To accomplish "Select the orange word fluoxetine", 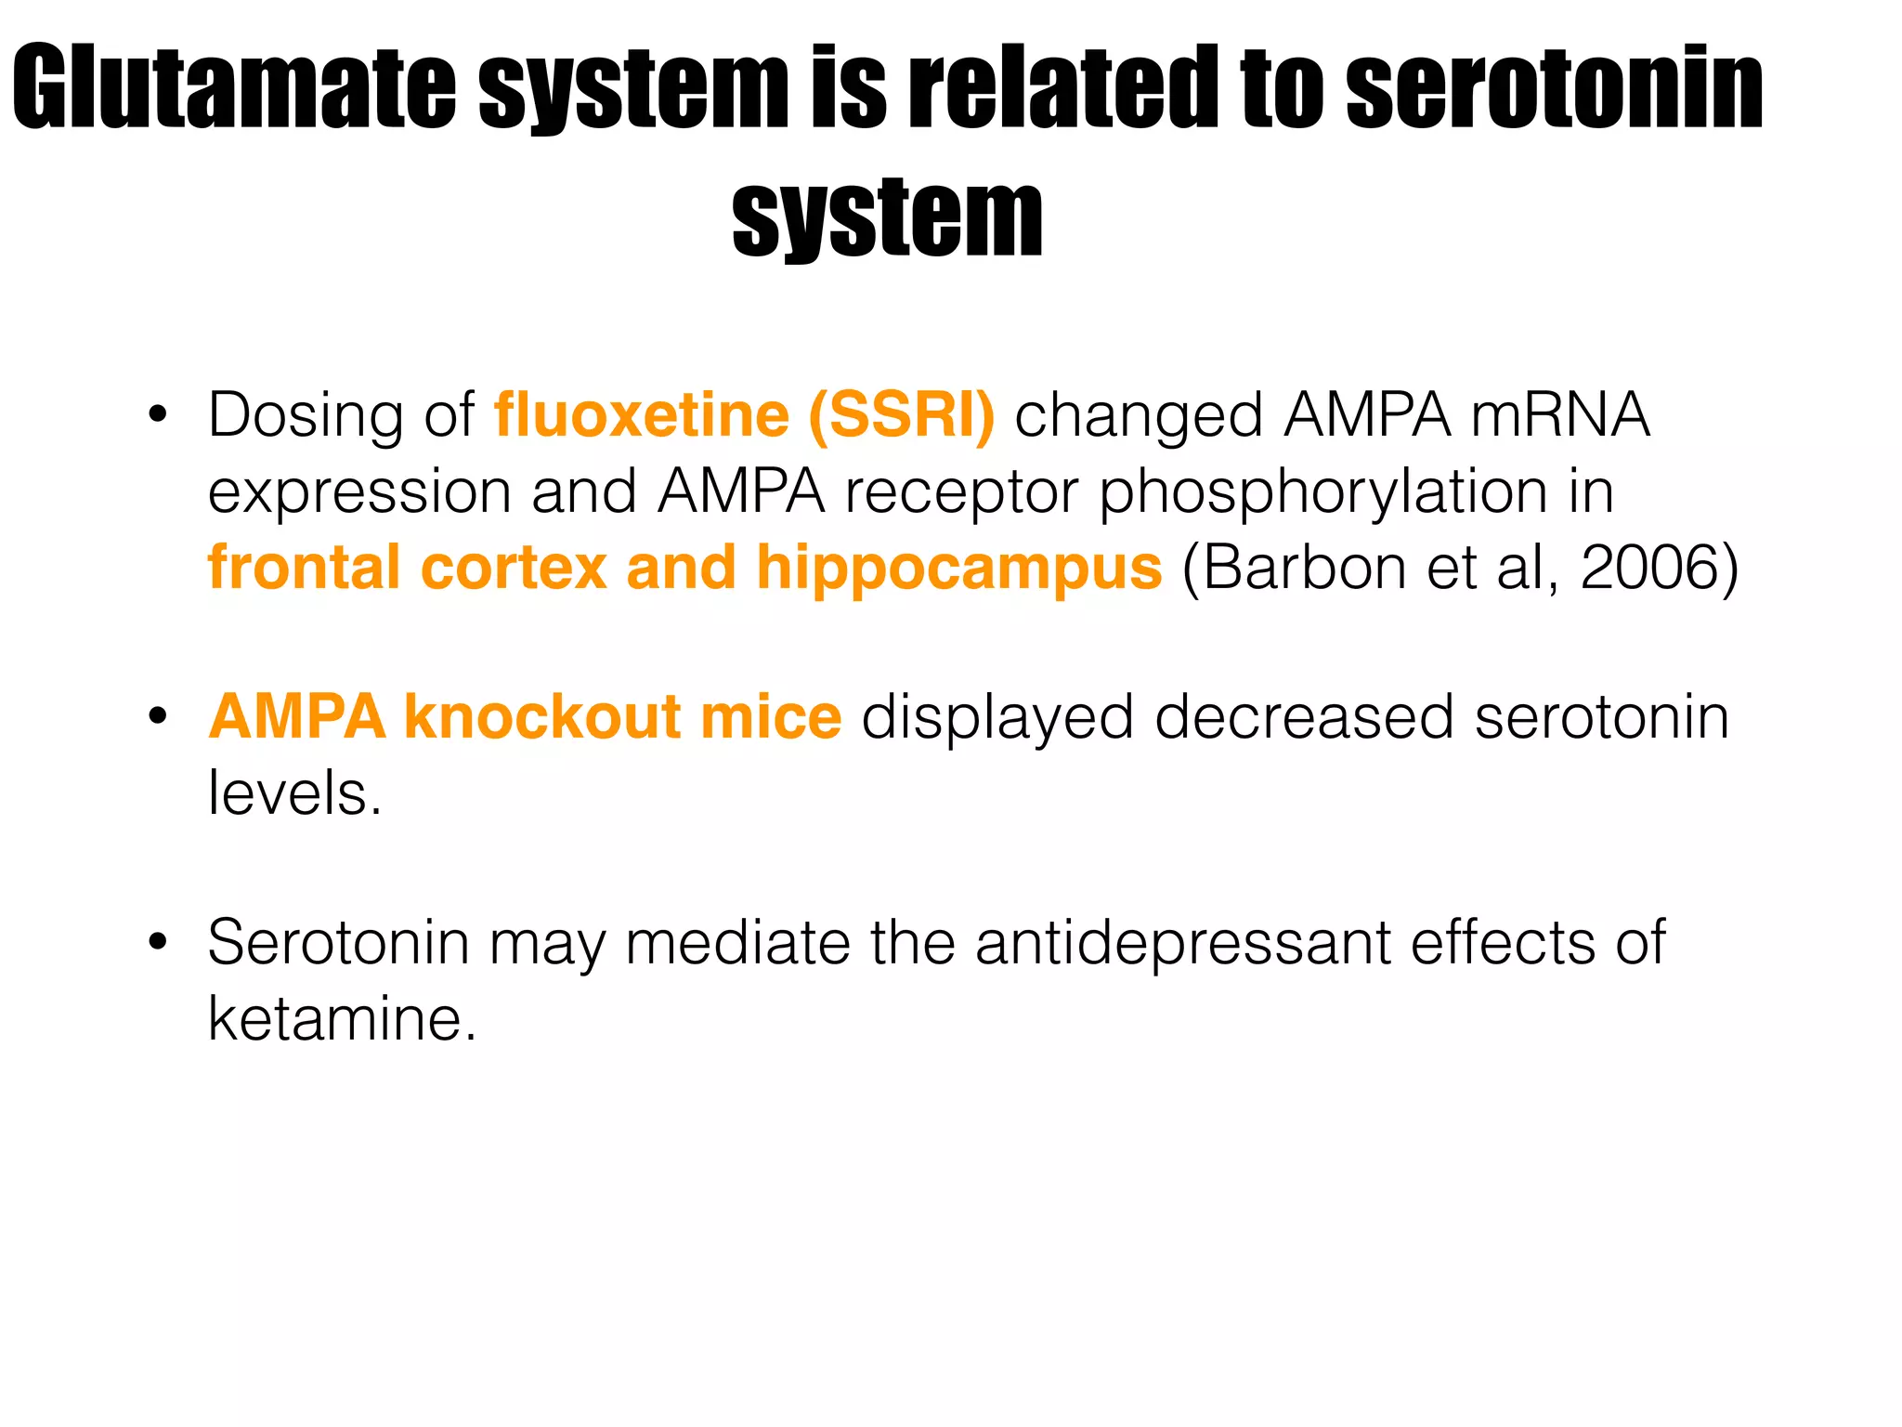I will point(641,414).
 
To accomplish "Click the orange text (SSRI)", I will point(901,414).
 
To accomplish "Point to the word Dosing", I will point(306,416).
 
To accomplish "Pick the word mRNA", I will point(1559,414).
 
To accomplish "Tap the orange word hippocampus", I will point(958,569).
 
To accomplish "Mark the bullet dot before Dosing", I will point(157,415).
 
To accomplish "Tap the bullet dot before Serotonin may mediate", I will point(157,944).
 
